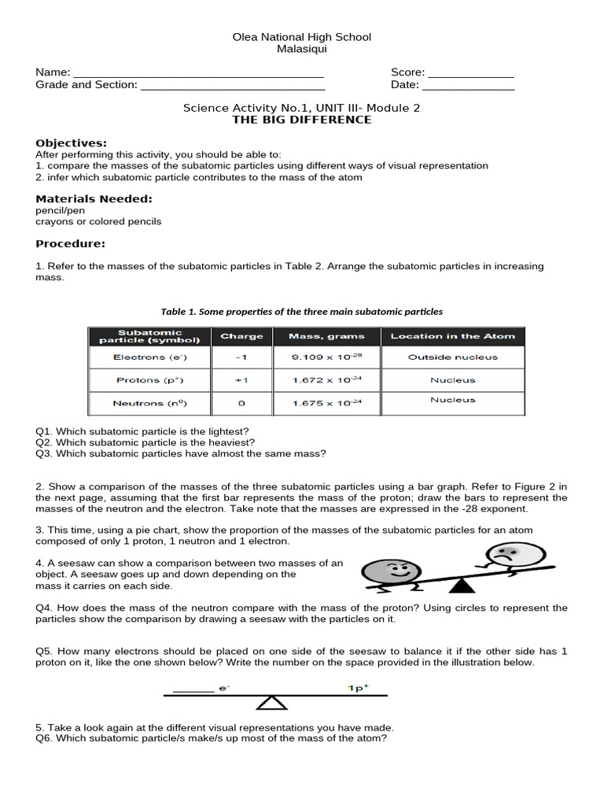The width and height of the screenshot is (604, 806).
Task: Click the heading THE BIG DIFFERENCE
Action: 301,120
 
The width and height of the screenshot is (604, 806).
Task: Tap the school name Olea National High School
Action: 302,37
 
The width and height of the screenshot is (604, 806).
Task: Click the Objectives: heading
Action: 72,143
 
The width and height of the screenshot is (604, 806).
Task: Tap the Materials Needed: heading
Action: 94,199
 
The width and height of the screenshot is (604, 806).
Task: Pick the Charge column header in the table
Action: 241,336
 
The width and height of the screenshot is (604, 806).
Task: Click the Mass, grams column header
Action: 326,336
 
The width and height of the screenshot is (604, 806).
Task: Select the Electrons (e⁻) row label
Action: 150,357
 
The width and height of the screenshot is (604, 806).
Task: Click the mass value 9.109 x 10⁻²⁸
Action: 326,357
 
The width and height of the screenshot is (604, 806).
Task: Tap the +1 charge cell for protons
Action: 241,380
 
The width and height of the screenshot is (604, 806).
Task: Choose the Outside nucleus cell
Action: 452,357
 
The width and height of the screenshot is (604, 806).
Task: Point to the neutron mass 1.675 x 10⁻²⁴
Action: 326,403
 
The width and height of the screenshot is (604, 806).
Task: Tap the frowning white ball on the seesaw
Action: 498,556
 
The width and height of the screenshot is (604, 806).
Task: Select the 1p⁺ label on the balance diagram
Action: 358,688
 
